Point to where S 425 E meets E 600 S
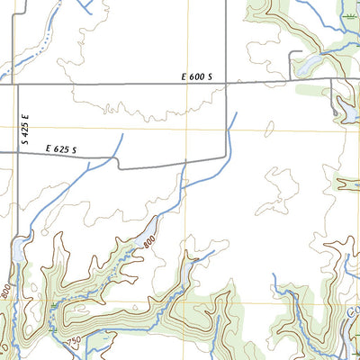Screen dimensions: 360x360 [15, 85]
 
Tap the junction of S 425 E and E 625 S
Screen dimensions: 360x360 [15, 152]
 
